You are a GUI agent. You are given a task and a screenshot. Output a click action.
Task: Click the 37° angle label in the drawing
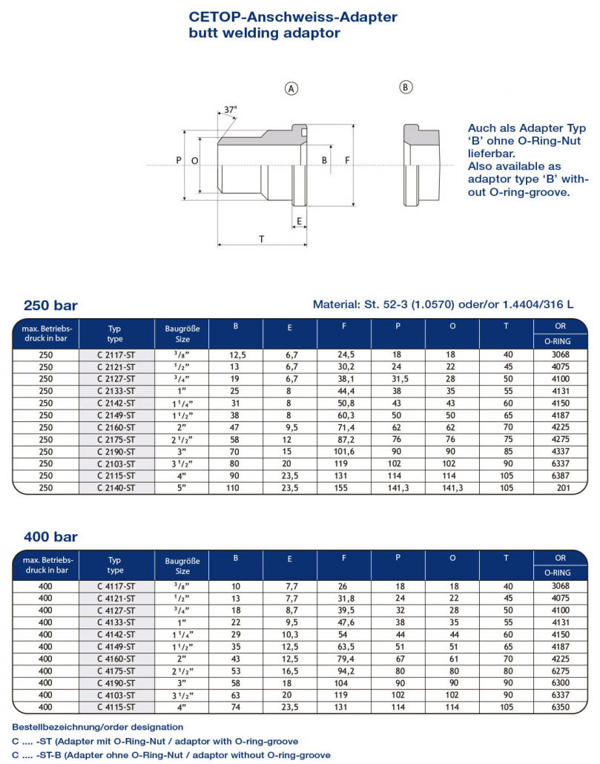click(x=231, y=110)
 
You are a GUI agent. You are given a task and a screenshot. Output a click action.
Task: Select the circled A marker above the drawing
click(x=291, y=89)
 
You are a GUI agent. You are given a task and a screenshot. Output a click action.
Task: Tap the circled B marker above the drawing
click(x=406, y=88)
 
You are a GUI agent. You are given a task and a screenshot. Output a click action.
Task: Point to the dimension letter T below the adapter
click(x=262, y=239)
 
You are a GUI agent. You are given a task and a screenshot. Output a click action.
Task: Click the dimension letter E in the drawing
click(x=299, y=221)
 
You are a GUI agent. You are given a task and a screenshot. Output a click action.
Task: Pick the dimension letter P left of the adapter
click(x=179, y=160)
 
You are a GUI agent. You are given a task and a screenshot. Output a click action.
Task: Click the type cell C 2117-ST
click(x=116, y=355)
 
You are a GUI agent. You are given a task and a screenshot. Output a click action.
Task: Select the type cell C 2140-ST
click(x=116, y=488)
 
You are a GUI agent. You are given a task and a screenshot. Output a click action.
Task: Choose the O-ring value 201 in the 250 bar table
click(x=563, y=488)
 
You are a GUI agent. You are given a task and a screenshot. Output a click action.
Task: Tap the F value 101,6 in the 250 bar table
click(x=344, y=452)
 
